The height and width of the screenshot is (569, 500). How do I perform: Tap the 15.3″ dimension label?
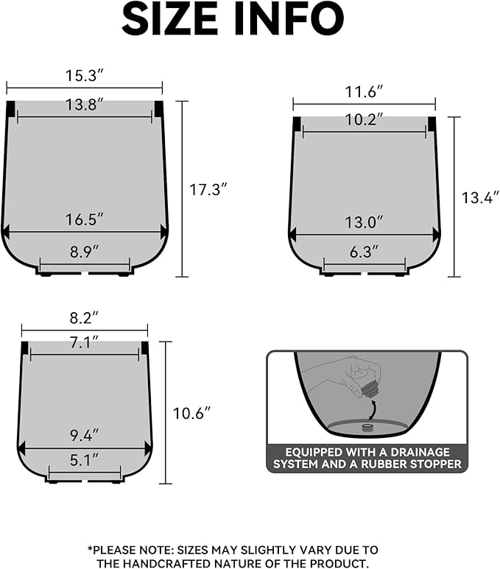[83, 75]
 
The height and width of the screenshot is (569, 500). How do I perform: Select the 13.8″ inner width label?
[83, 105]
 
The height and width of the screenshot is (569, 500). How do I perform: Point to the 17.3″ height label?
[208, 189]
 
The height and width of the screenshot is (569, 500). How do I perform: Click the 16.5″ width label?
[85, 219]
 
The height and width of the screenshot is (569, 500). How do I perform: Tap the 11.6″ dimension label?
[364, 92]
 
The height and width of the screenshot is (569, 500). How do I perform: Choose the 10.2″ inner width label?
[364, 121]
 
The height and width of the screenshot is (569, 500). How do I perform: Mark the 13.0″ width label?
[365, 222]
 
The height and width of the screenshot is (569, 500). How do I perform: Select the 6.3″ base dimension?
[365, 252]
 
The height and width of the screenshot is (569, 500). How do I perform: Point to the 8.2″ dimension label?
[84, 318]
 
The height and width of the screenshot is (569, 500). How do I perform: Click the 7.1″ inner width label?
[84, 342]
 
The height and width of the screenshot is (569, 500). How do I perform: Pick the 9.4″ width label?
[84, 434]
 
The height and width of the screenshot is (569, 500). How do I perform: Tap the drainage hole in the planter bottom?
[366, 425]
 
